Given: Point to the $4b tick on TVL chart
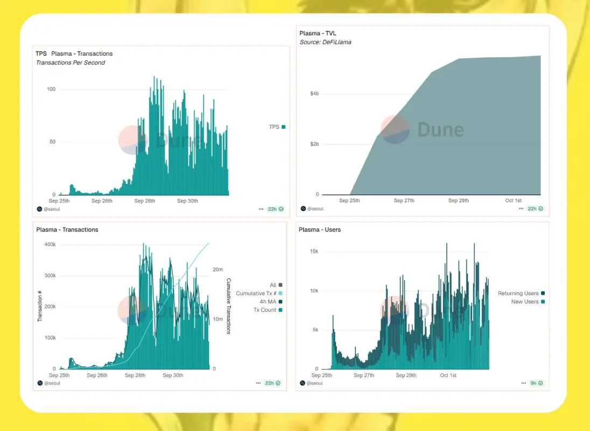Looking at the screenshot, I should (x=314, y=94).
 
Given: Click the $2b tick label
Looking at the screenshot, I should (x=314, y=144).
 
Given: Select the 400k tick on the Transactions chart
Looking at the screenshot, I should (x=49, y=245).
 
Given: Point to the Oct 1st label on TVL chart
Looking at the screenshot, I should (x=513, y=200).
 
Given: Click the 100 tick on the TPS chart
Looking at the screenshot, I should (x=51, y=89).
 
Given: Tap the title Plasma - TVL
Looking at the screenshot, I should (x=318, y=33).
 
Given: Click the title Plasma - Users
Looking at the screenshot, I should (x=320, y=230).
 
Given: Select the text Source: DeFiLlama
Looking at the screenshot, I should (x=325, y=42).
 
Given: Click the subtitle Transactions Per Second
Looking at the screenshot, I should (x=70, y=62).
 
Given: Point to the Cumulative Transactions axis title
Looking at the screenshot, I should (x=229, y=306).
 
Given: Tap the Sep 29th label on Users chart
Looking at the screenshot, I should (x=406, y=375).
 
